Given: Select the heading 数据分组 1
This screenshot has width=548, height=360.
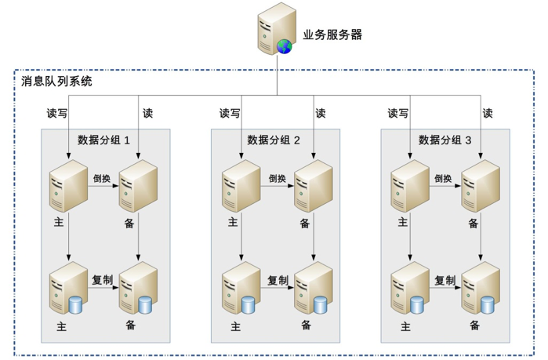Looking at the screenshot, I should point(103,140).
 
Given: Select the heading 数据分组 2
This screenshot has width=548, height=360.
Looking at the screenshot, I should point(274,140).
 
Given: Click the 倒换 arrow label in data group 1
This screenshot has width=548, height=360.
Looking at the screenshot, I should point(102,179).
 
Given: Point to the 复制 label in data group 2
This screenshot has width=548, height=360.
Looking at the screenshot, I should point(278,280).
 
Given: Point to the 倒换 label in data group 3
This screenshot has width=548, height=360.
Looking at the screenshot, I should point(443,179).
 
